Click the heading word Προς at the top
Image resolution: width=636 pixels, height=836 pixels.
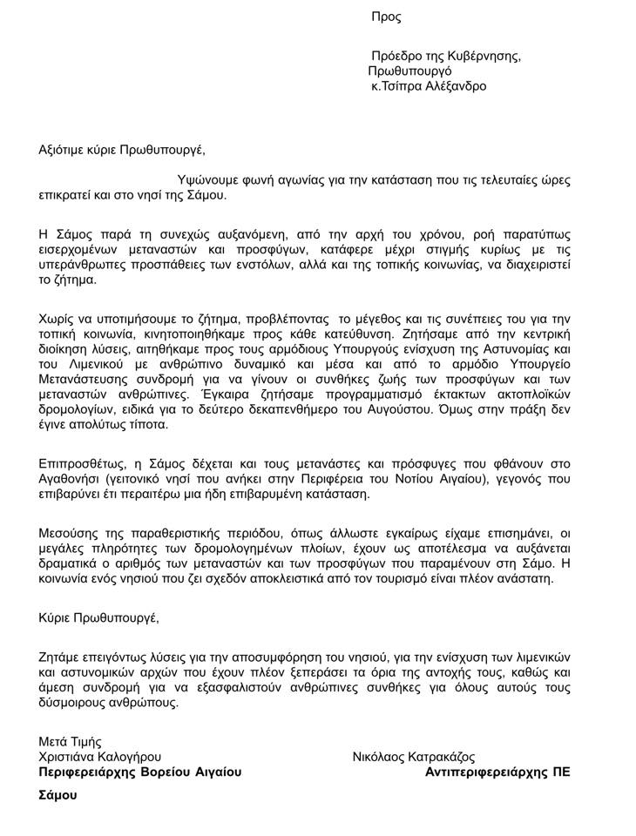[386, 17]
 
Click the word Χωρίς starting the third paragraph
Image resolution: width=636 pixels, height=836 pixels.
[57, 319]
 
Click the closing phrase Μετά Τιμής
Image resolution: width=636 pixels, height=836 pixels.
[71, 742]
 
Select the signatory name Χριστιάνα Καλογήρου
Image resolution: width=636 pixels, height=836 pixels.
[99, 757]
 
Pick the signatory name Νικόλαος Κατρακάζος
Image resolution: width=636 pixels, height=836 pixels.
[414, 757]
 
